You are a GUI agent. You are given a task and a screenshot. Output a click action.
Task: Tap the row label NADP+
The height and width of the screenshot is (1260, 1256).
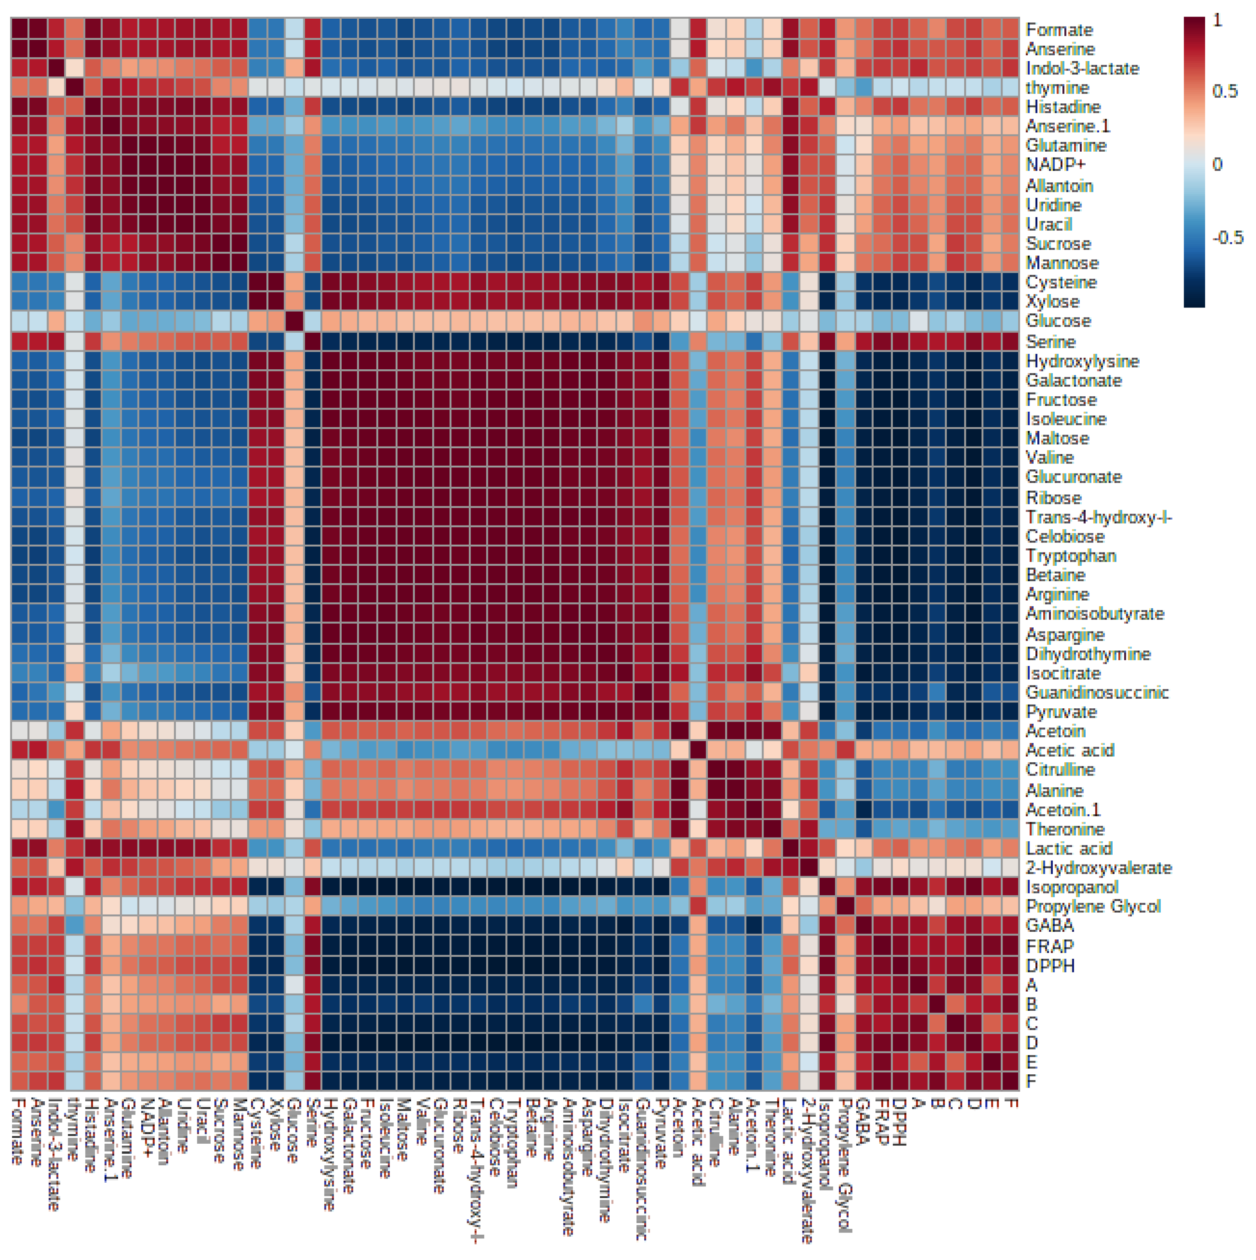[1055, 165]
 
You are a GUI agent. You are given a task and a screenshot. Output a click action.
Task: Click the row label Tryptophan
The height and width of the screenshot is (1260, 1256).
[1071, 556]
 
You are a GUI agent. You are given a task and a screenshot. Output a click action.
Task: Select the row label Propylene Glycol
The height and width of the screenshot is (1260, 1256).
[1093, 906]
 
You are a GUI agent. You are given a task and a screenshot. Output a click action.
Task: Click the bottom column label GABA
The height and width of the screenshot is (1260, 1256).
[862, 1122]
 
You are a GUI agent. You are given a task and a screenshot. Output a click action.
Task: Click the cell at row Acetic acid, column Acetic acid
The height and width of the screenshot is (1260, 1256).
[698, 750]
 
